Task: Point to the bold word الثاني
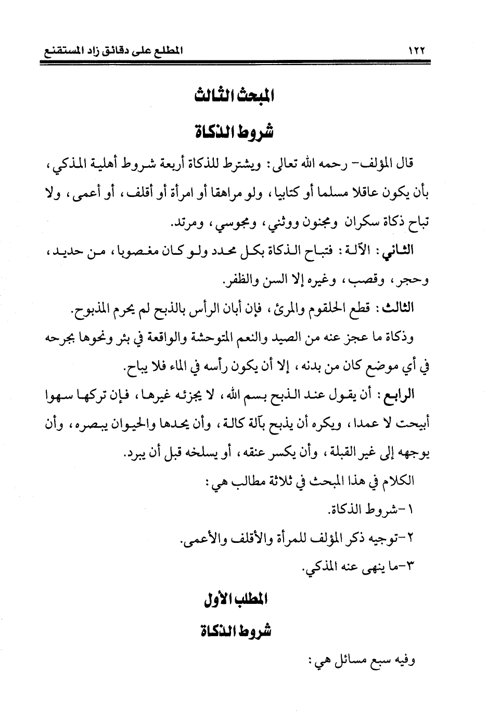pyautogui.click(x=399, y=251)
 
